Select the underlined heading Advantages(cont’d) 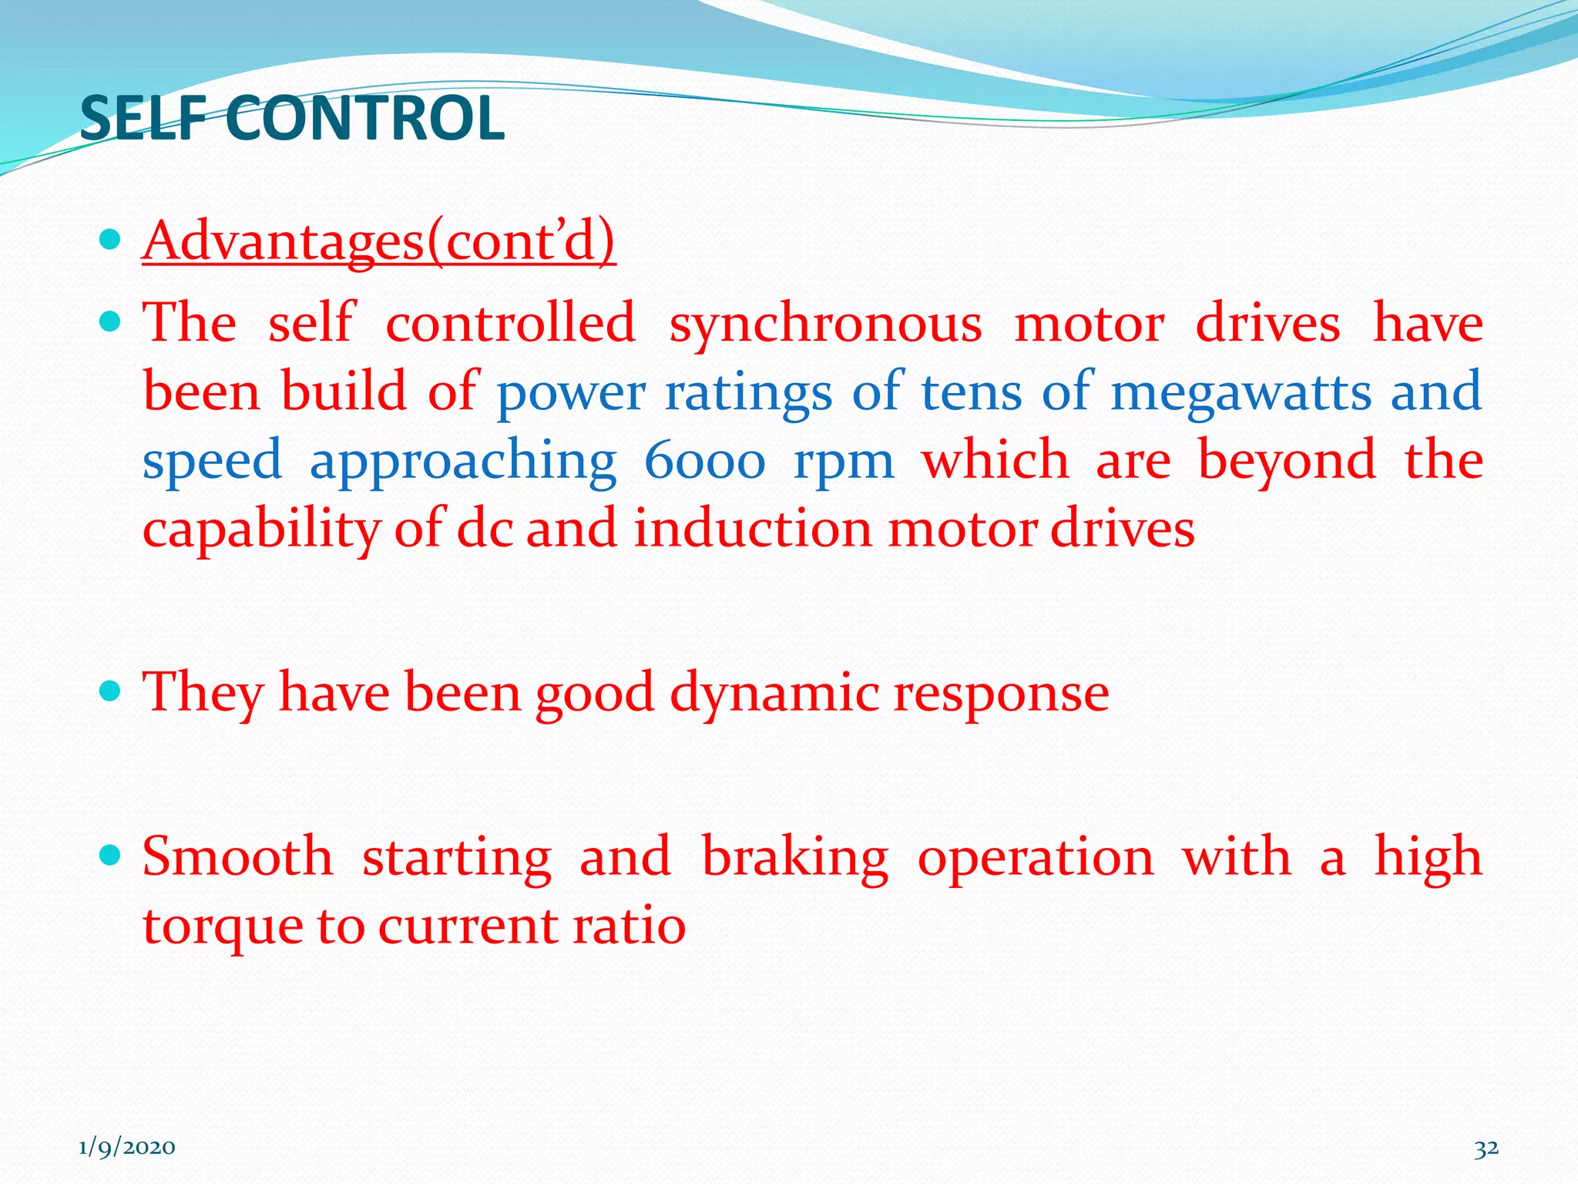click(378, 240)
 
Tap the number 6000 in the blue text click(704, 461)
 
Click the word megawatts click(1241, 392)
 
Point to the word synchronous click(825, 323)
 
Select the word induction click(753, 530)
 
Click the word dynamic click(774, 692)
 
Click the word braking click(794, 857)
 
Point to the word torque click(222, 927)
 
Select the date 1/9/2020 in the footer click(127, 1148)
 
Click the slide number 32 click(1486, 1148)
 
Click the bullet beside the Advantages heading click(111, 240)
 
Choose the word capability click(261, 530)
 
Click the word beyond click(1286, 461)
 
